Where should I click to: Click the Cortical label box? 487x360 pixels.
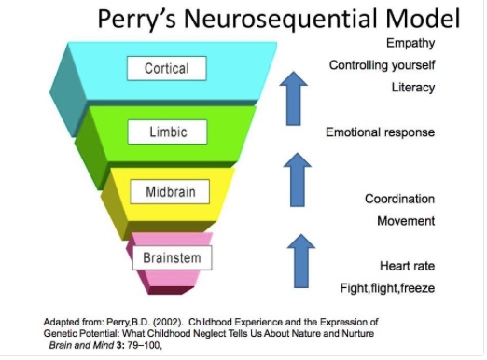coord(167,69)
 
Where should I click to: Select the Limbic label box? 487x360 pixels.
coord(168,132)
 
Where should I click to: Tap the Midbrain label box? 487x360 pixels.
coord(169,193)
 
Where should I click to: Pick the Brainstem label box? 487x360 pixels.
coord(172,255)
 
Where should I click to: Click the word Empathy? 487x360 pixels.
coord(410,44)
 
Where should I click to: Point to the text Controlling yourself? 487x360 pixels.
coord(382,65)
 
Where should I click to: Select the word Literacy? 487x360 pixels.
coord(412,88)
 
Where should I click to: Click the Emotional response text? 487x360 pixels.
coord(380,132)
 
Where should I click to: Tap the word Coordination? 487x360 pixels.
coord(399,199)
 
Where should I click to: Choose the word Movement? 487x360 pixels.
coord(406,221)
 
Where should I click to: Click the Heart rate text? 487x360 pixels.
coord(408,265)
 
